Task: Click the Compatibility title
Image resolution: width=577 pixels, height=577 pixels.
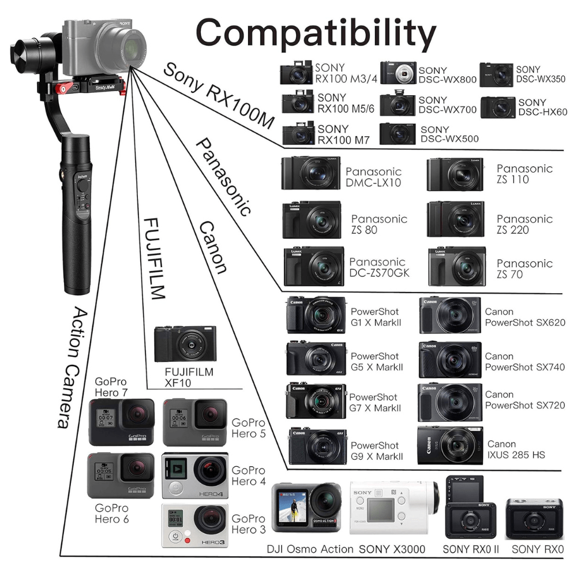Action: pos(316,34)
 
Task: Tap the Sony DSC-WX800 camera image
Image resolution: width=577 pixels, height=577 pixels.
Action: pos(398,73)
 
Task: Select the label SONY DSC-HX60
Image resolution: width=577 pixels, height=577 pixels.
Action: pos(542,107)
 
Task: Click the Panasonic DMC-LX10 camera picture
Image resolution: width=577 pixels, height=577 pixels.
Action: pos(310,173)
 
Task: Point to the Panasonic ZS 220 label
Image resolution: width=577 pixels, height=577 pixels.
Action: pos(524,224)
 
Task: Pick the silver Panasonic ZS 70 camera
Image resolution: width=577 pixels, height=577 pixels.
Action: pos(456,267)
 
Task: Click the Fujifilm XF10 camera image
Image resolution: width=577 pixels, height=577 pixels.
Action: pos(185,344)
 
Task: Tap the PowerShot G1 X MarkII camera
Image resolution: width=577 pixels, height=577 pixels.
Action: pos(316,315)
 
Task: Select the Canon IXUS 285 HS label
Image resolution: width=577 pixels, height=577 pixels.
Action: pos(516,449)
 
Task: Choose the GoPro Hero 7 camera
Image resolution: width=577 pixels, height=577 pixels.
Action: pos(121,422)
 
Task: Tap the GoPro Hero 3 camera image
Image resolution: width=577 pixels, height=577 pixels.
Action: pos(194,526)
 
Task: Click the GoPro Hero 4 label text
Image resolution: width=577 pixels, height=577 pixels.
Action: pos(248,476)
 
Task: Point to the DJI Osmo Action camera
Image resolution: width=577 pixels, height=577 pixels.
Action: pos(306,507)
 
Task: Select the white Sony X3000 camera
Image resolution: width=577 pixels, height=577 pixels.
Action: pos(394,507)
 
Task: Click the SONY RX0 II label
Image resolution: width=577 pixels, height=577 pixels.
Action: pos(471,549)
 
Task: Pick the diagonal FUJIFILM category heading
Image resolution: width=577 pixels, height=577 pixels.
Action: pos(154,258)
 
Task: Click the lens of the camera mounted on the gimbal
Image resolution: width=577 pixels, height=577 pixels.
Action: pos(129,48)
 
